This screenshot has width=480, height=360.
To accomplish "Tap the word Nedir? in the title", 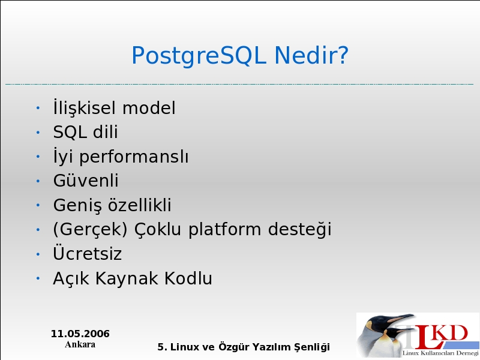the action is (x=311, y=55).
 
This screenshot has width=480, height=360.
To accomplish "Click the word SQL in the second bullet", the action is (x=70, y=132).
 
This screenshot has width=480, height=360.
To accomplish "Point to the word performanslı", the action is (x=134, y=157).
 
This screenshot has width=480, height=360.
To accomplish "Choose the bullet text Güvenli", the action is (x=86, y=180).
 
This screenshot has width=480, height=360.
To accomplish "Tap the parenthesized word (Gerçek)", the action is (x=90, y=230).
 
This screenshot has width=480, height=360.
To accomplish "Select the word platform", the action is (x=224, y=230).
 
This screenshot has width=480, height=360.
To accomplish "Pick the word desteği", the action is (x=299, y=229).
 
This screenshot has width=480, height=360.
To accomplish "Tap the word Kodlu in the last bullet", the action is (x=188, y=278).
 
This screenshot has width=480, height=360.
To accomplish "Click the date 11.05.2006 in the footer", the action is (x=80, y=334).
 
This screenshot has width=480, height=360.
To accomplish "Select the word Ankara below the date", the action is (x=80, y=344).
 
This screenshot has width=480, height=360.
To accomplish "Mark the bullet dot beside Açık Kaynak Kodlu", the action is (x=38, y=278).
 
